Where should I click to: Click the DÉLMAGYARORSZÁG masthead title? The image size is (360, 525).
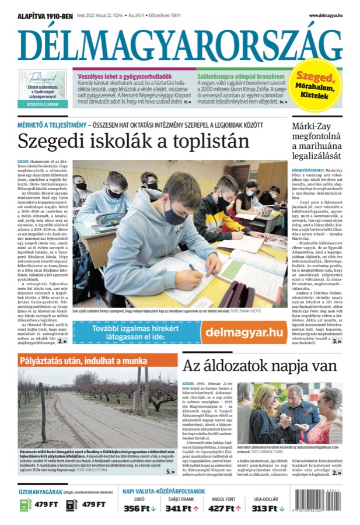[x=180, y=45]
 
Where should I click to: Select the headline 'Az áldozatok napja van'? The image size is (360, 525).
[x=260, y=366]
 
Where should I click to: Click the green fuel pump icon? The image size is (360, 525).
[x=25, y=504]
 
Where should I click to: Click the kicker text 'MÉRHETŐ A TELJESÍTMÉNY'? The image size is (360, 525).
[x=50, y=125]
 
